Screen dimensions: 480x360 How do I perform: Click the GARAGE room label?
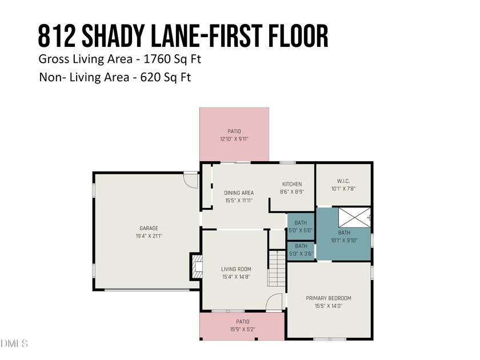[x=149, y=228]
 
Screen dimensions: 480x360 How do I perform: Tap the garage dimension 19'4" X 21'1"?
[x=149, y=236]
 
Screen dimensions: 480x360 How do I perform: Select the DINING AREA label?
[x=239, y=193]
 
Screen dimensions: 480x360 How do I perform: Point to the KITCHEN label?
[x=292, y=184]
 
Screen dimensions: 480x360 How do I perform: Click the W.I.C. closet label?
[x=343, y=181]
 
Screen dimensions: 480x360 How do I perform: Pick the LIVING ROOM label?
[x=236, y=269]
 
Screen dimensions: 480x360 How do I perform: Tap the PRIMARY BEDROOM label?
[x=329, y=298]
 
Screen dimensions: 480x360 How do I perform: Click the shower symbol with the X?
[x=354, y=217]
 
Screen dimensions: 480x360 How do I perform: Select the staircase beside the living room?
[x=277, y=268]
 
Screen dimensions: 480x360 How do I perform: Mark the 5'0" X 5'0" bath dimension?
[x=301, y=230]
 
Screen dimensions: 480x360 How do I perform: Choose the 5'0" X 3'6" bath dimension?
[x=301, y=254]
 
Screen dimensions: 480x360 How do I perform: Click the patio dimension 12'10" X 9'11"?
[x=234, y=139]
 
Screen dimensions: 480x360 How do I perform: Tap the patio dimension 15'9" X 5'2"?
[x=243, y=329]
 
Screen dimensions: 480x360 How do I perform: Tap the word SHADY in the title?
[x=113, y=36]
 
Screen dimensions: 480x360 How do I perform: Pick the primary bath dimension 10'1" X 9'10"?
[x=344, y=241]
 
